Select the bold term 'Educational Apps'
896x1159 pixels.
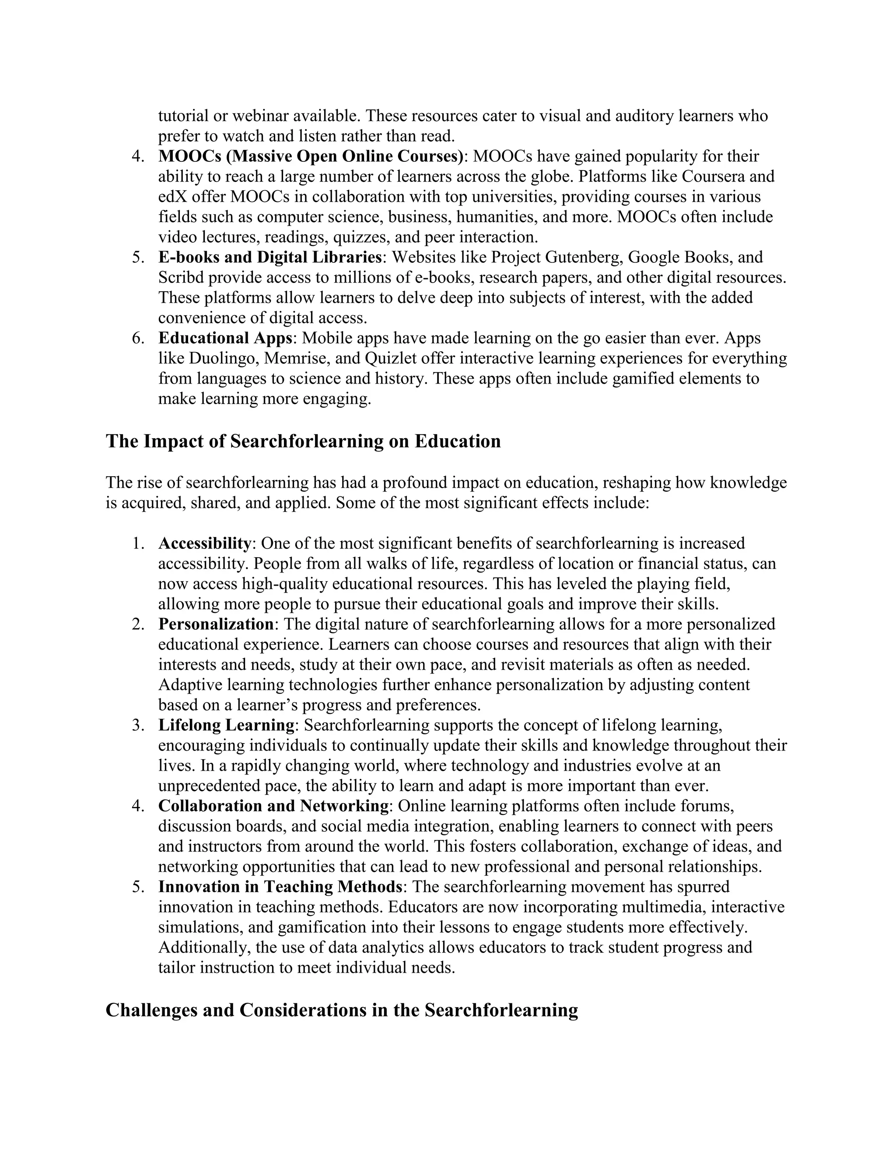225,338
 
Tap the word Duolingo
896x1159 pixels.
222,358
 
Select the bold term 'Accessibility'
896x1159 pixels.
204,543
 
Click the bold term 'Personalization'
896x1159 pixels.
216,624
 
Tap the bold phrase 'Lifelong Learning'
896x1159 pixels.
226,725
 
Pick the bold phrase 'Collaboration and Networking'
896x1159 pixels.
273,806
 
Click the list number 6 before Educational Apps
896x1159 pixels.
139,339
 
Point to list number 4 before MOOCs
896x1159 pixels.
139,157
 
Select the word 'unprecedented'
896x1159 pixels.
214,785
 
